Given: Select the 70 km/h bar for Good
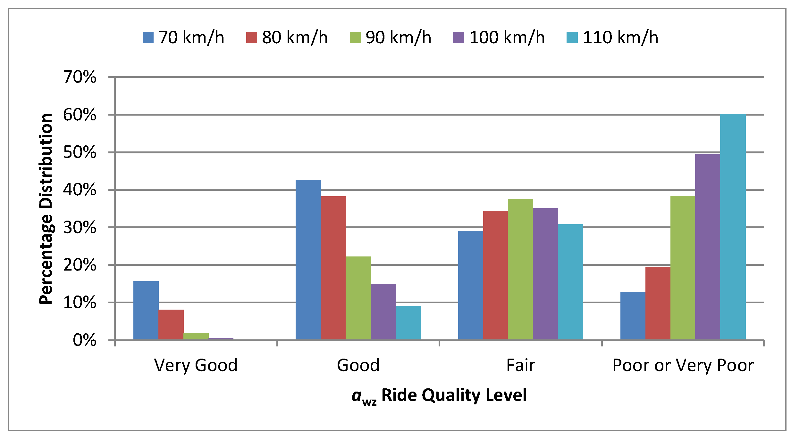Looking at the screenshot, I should point(308,260).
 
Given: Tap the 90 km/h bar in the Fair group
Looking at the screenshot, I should point(520,269).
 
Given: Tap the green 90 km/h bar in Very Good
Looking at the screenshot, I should point(196,336).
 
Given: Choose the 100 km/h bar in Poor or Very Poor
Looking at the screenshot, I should point(708,247).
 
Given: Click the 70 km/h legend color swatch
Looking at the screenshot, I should point(148,37).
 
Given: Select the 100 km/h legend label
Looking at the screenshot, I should point(507,37).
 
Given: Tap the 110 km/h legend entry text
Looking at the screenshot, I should point(620,37).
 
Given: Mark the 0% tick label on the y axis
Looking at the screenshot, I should point(84,340).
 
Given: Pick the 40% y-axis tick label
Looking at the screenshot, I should point(80,190).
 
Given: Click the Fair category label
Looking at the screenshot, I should point(520,365).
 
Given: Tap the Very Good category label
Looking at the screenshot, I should point(196,365).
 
